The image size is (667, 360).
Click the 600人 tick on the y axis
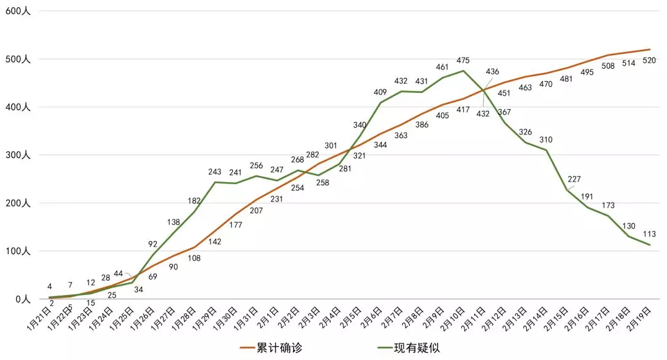(17, 12)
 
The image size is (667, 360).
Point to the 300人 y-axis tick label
(17, 155)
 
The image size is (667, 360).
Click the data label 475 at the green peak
(462, 61)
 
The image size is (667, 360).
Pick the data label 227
(574, 180)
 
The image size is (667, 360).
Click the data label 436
(492, 72)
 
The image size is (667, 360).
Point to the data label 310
(546, 139)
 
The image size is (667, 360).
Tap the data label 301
(330, 146)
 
